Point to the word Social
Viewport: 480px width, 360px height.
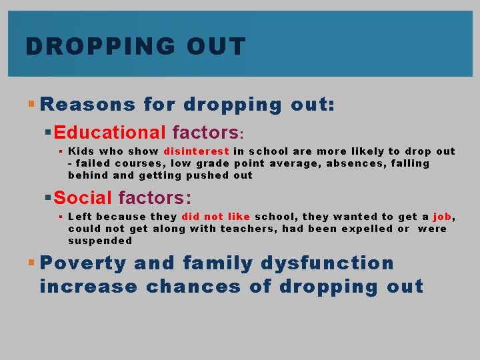click(x=83, y=197)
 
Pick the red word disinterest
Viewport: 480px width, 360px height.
click(x=196, y=151)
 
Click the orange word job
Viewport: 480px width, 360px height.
click(x=442, y=216)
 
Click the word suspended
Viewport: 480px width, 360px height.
click(x=100, y=241)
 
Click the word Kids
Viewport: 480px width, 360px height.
click(x=81, y=151)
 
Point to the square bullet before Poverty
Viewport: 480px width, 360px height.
click(x=33, y=263)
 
